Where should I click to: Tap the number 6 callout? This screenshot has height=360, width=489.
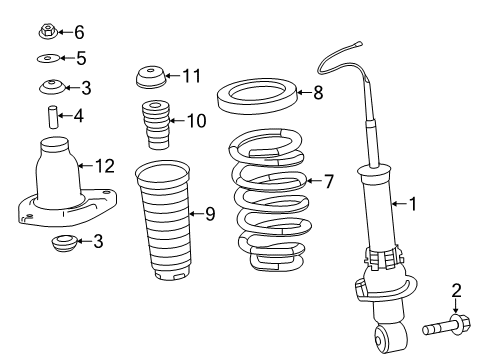80,33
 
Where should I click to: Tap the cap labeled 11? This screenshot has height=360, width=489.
150,76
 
